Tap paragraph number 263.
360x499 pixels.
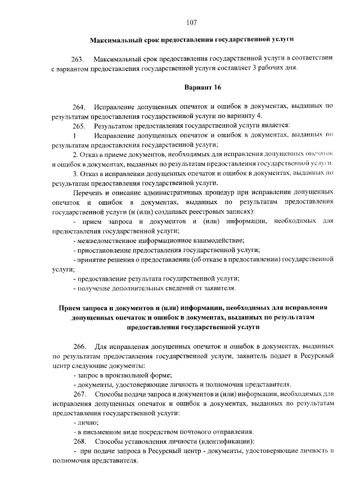pyautogui.click(x=77, y=59)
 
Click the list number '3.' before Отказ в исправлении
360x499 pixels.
pyautogui.click(x=76, y=173)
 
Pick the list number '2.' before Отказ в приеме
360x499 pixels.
pyautogui.click(x=76, y=154)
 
